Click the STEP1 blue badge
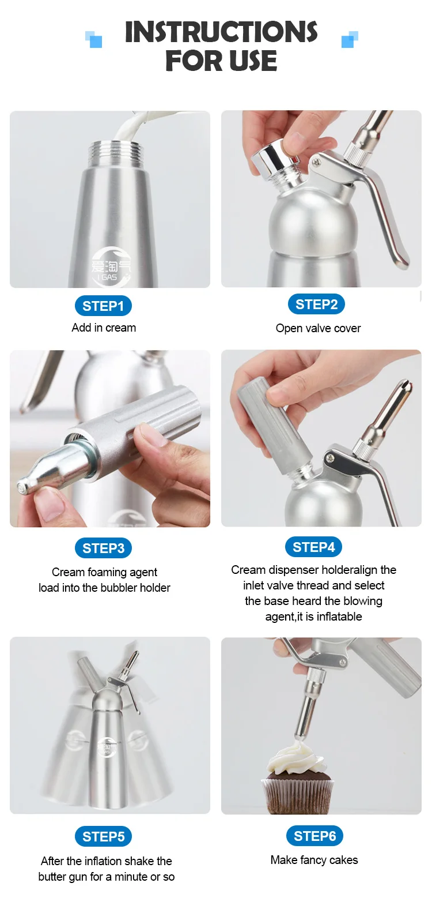(103, 306)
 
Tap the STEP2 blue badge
(316, 305)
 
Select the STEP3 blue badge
(103, 548)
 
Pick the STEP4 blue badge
(313, 547)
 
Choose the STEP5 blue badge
(103, 837)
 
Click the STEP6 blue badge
(314, 836)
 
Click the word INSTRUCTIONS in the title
(221, 32)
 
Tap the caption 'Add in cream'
(104, 328)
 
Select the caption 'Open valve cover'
(318, 328)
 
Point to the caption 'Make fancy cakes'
(314, 860)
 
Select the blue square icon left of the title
(94, 39)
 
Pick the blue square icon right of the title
(350, 39)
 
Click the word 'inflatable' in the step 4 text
(339, 617)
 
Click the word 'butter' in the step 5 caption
(52, 877)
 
